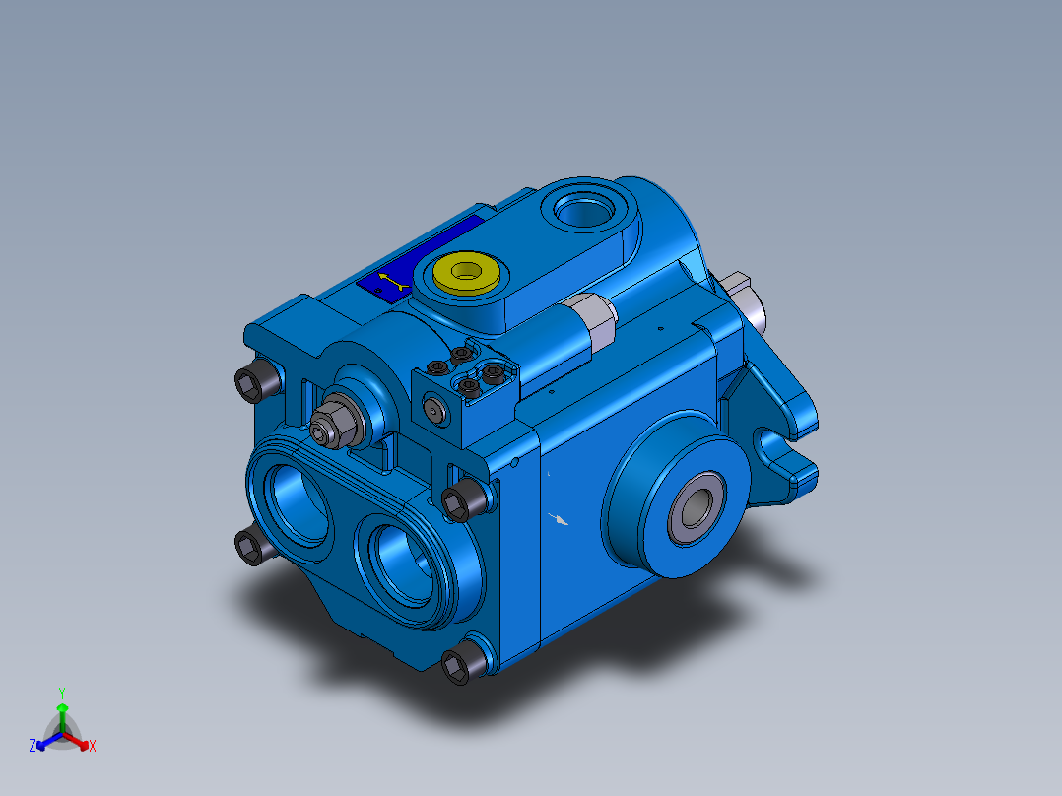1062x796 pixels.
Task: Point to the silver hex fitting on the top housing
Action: (x=594, y=322)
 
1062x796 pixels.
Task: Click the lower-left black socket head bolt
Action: (x=253, y=545)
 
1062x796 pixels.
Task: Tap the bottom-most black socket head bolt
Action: (x=458, y=666)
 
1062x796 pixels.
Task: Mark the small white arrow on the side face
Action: (x=561, y=518)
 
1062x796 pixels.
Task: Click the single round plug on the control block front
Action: (x=435, y=410)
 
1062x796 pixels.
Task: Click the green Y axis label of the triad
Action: (x=62, y=693)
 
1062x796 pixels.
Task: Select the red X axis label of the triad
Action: (x=93, y=747)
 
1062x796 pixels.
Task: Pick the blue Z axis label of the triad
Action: (x=33, y=747)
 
